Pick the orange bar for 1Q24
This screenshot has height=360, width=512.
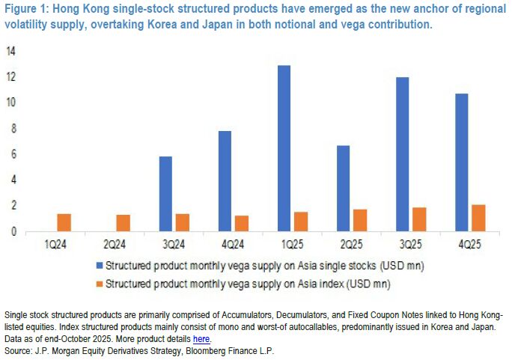(x=64, y=222)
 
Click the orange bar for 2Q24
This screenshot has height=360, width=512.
(x=123, y=223)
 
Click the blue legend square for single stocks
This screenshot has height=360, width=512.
(x=98, y=266)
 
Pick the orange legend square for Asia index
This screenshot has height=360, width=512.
(x=98, y=284)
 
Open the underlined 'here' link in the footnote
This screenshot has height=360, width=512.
(x=201, y=338)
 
